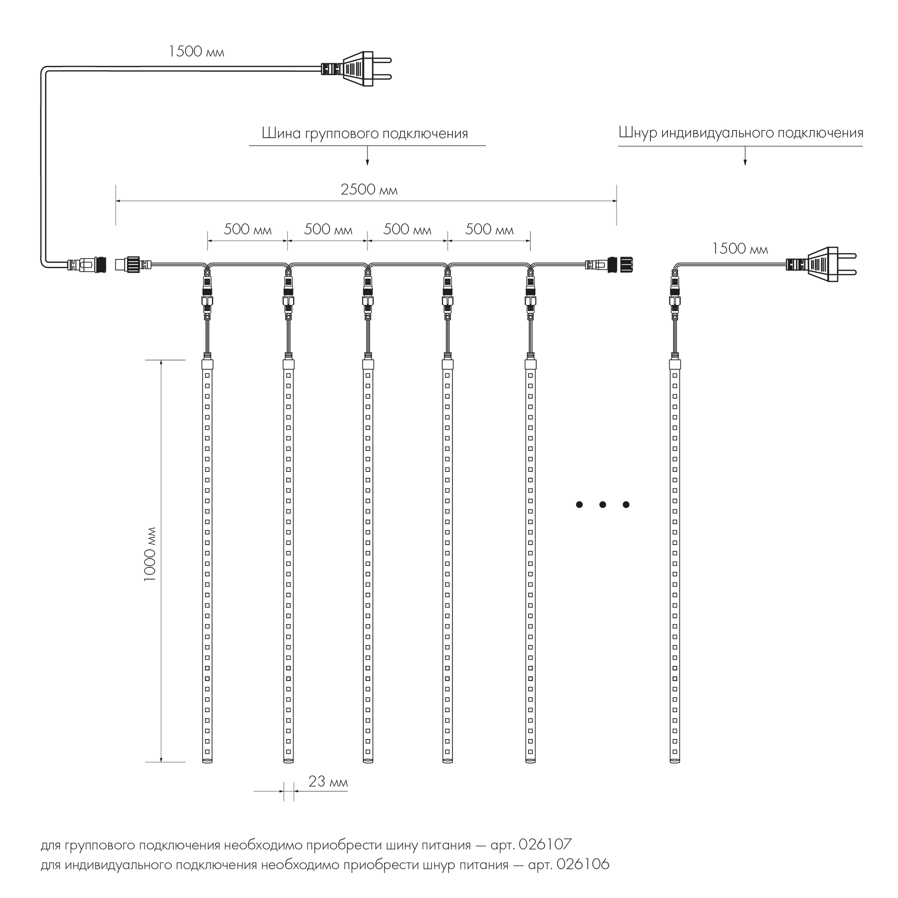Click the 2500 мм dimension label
click(x=369, y=189)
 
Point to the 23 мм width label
click(x=328, y=782)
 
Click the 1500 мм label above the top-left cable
click(x=196, y=52)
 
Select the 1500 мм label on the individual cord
click(x=740, y=249)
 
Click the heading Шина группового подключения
click(x=365, y=134)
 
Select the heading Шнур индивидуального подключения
click(x=741, y=133)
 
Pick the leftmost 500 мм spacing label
click(x=247, y=229)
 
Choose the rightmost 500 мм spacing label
click(x=489, y=229)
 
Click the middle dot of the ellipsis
click(x=603, y=505)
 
